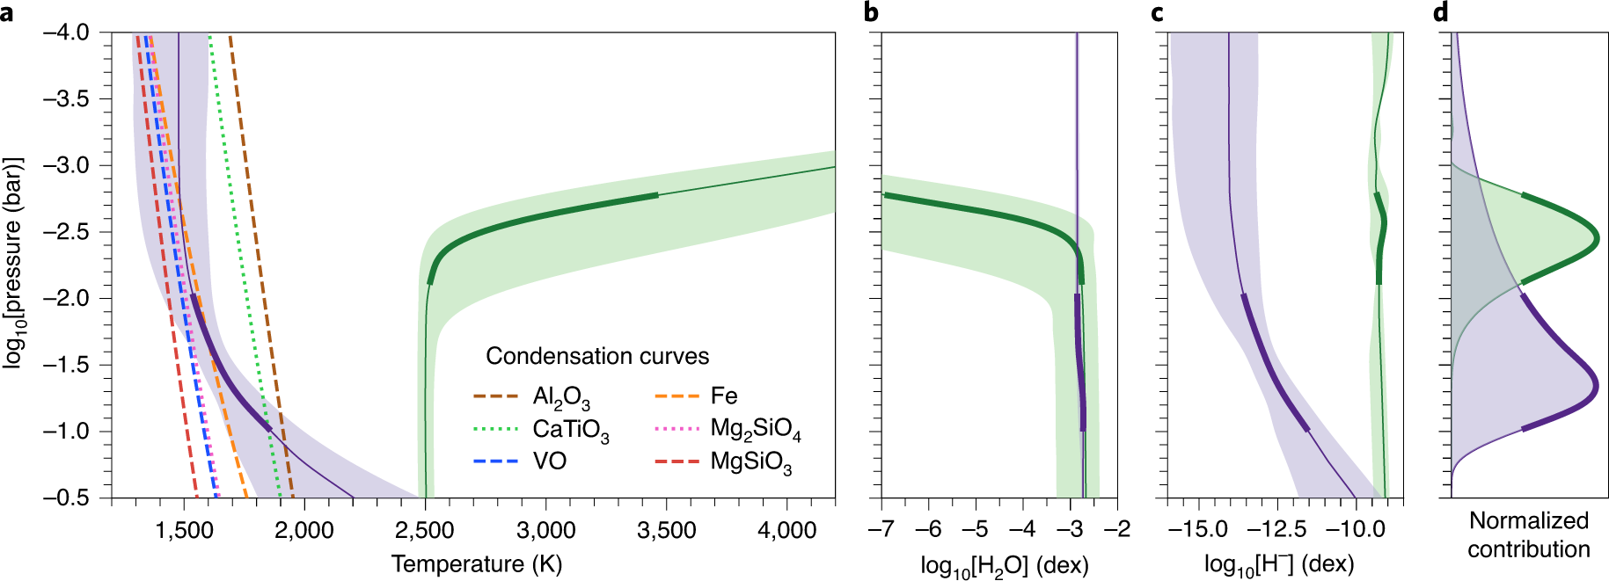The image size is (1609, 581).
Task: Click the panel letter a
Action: (7, 13)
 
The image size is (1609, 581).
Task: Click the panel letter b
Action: (871, 12)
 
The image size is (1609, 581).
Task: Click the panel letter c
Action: (1157, 13)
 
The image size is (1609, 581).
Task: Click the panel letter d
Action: (1441, 12)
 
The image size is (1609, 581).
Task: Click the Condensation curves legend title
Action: (597, 356)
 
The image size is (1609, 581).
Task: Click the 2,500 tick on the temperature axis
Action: (425, 530)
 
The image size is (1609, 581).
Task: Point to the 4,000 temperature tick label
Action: (787, 530)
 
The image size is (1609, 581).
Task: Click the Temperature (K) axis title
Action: (476, 563)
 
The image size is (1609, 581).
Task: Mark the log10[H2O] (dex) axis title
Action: (1005, 565)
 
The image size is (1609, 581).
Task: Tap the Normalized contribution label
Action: (1528, 534)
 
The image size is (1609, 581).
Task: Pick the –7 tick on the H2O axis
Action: (881, 530)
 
